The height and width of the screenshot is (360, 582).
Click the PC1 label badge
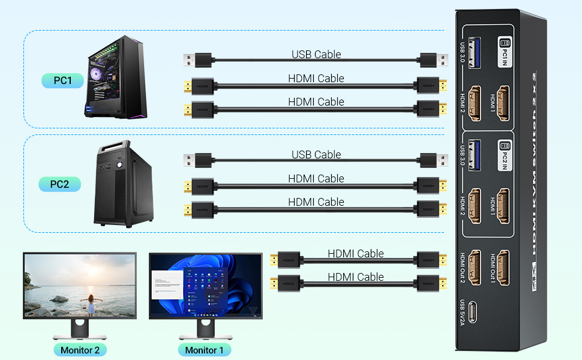(x=62, y=80)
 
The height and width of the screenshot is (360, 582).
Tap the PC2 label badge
(x=59, y=184)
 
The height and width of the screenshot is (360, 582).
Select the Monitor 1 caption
(x=204, y=350)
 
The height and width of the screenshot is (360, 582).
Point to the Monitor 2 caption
(x=80, y=350)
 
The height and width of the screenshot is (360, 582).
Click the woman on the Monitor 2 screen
(x=91, y=303)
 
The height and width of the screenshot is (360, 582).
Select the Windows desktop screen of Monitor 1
(x=205, y=286)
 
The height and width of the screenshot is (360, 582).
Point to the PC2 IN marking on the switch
(x=504, y=153)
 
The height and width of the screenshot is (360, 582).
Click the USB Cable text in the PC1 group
(x=316, y=55)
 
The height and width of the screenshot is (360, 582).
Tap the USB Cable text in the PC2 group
(x=316, y=155)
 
